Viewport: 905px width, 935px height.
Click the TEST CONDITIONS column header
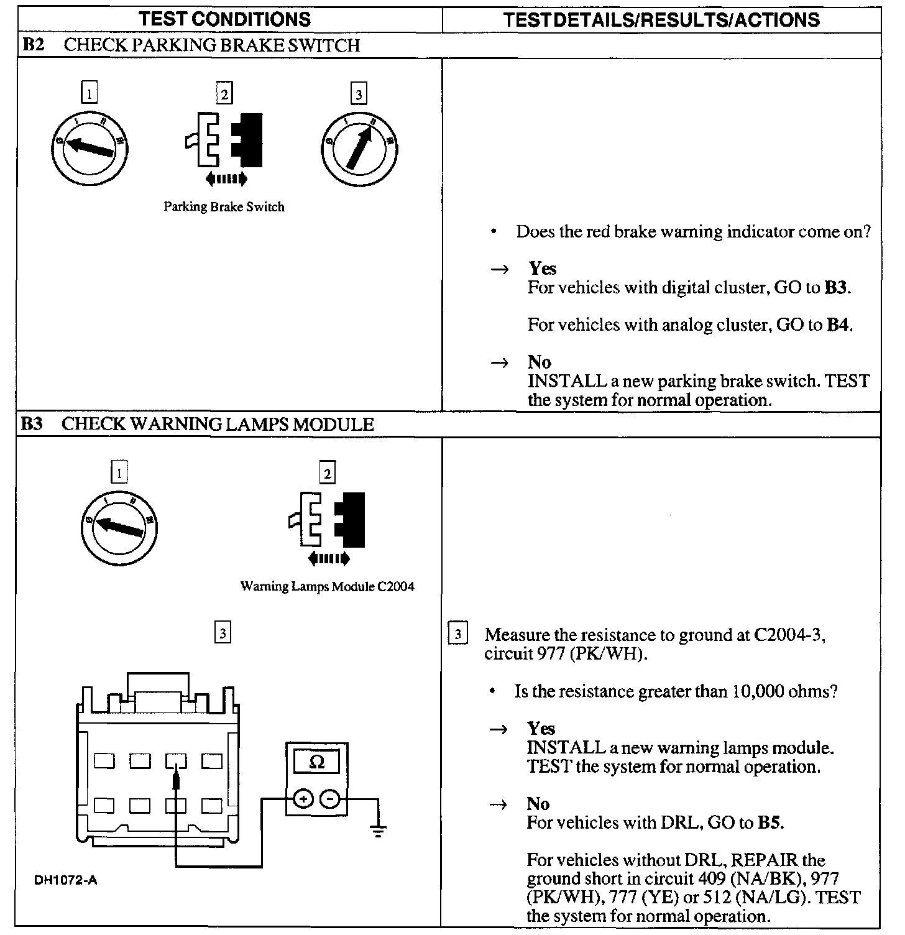click(225, 19)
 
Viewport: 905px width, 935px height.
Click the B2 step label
click(32, 45)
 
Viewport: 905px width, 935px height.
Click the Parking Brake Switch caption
click(224, 207)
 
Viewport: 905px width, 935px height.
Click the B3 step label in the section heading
click(32, 425)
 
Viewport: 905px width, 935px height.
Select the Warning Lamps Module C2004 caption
click(327, 586)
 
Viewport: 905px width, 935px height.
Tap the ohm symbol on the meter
click(316, 762)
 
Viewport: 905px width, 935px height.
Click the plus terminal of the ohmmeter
click(303, 799)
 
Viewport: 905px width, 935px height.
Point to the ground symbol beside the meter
click(377, 831)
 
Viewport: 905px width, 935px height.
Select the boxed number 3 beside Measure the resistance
click(457, 635)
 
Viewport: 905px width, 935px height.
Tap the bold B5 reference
click(769, 823)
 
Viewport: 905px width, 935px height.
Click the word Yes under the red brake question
click(542, 269)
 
